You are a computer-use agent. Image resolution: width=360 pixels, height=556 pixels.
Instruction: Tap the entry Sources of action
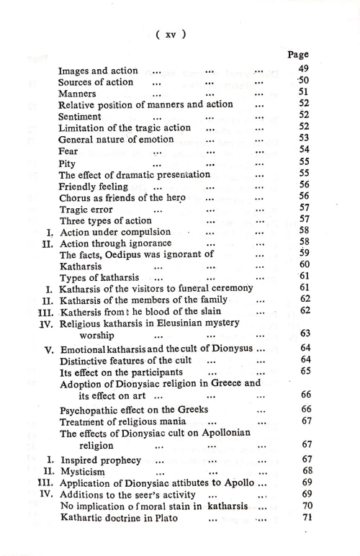click(95, 81)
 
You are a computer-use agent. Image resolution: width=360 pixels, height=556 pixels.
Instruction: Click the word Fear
click(68, 151)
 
